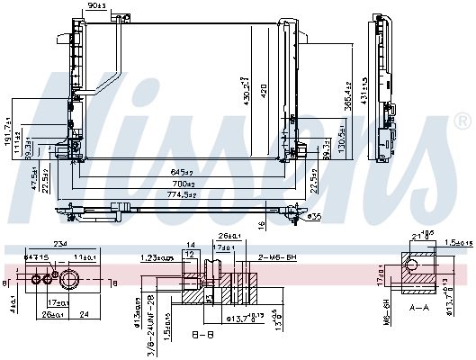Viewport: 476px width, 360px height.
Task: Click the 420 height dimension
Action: tap(265, 90)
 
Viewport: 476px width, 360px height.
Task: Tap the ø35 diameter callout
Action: tap(313, 217)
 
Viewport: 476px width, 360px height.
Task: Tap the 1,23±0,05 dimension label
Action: tap(157, 257)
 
